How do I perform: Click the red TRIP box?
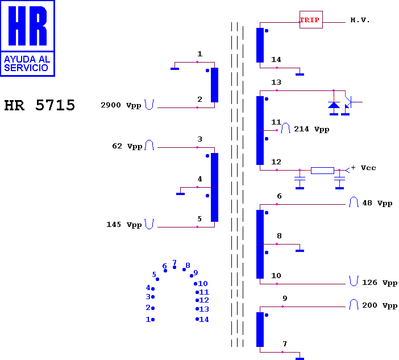point(311,19)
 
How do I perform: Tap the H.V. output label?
point(360,20)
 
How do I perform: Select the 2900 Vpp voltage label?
point(121,105)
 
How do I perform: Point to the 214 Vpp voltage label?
point(311,129)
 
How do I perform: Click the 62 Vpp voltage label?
point(127,146)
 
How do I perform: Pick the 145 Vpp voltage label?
point(124,225)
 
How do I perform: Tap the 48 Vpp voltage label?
point(377,203)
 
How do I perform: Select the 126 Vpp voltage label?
point(380,283)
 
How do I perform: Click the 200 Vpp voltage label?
point(380,305)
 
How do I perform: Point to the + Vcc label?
point(363,168)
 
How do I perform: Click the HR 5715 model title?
point(40,105)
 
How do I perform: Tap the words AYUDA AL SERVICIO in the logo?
point(27,64)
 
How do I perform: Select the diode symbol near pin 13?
point(334,105)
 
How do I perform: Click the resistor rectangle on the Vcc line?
point(322,171)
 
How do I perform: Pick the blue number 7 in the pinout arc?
point(174,262)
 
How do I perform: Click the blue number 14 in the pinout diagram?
point(204,319)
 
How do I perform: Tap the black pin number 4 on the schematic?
point(199,179)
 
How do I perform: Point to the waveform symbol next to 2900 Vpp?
point(149,105)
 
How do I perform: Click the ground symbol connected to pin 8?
point(300,251)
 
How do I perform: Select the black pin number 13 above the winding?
point(276,82)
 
